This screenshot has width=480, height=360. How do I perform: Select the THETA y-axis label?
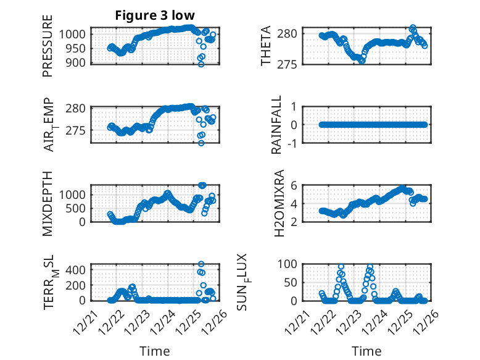point(266,46)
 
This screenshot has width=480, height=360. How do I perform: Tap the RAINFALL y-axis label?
point(277,125)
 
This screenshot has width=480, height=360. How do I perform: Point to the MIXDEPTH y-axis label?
point(48,203)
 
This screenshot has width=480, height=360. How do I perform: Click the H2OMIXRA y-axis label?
point(279,203)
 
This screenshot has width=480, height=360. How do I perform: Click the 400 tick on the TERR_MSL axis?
point(78,269)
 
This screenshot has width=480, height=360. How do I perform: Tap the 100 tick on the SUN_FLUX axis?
point(289,264)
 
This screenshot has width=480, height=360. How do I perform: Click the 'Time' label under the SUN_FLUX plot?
point(366,351)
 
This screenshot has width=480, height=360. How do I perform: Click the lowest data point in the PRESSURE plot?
point(201,64)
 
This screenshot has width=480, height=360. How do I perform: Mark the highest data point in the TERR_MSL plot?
point(201,264)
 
